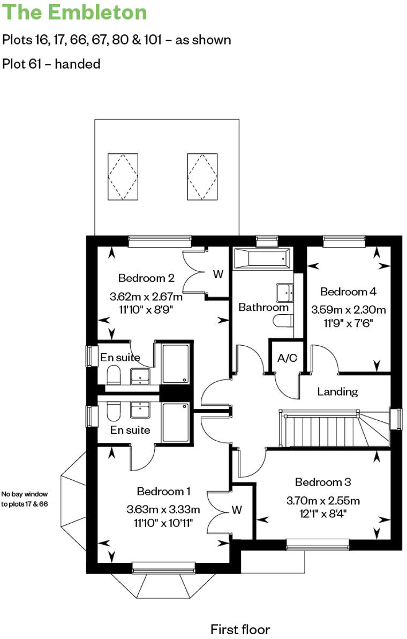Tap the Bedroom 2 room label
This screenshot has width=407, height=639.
(146, 278)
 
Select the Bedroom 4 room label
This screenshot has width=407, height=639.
(348, 292)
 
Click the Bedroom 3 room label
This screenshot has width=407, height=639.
(323, 482)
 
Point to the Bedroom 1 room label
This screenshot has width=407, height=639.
(163, 491)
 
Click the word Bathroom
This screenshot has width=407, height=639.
(263, 308)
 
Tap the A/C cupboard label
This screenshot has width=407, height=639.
(288, 359)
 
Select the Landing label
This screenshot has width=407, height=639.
(337, 391)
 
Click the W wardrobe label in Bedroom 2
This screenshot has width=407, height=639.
(218, 274)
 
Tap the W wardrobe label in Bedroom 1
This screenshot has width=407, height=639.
(237, 510)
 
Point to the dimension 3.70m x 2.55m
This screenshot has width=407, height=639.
(323, 501)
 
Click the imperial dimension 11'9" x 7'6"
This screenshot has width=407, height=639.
(348, 323)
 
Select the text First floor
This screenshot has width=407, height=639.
(240, 629)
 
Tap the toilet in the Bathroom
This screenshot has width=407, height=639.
(282, 321)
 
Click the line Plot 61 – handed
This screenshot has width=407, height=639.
(51, 64)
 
